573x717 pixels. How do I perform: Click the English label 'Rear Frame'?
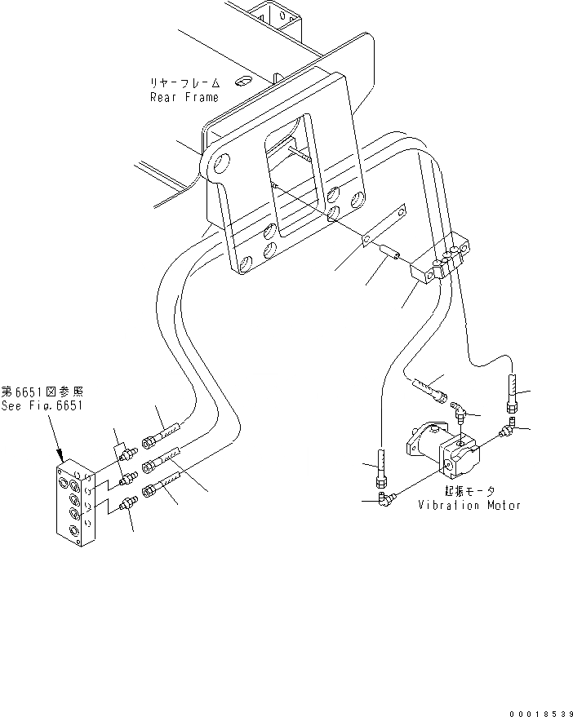184,97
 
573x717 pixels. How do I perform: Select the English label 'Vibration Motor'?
469,505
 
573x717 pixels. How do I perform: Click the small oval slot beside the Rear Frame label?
242,82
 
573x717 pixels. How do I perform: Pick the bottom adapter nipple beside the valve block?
127,505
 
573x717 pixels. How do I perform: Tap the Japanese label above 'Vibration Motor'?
469,490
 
